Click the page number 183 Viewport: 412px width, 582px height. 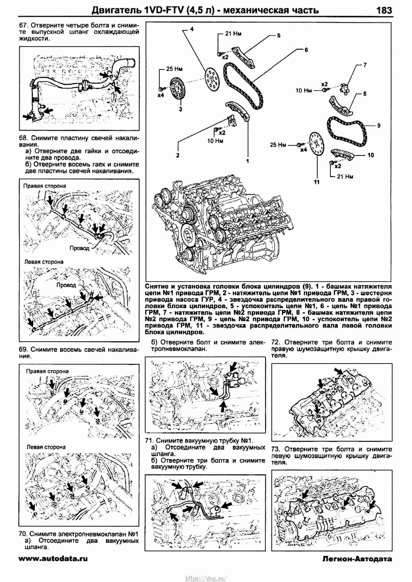pyautogui.click(x=384, y=10)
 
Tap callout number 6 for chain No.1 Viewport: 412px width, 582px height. pyautogui.click(x=306, y=50)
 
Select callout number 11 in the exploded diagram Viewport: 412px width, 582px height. pyautogui.click(x=317, y=182)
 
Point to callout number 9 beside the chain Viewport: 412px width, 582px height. pyautogui.click(x=379, y=126)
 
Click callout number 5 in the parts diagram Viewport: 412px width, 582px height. pyautogui.click(x=279, y=36)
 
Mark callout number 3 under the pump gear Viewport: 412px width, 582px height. pyautogui.click(x=181, y=109)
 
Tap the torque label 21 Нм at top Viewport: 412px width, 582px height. pyautogui.click(x=233, y=34)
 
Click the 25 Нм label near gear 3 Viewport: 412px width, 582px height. pyautogui.click(x=174, y=69)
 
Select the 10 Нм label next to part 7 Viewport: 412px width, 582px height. pyautogui.click(x=304, y=90)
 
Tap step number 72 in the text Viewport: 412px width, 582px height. pyautogui.click(x=276, y=342)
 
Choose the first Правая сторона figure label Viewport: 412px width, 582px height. pyautogui.click(x=45, y=186)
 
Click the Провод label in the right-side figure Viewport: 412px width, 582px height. pyautogui.click(x=79, y=248)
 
